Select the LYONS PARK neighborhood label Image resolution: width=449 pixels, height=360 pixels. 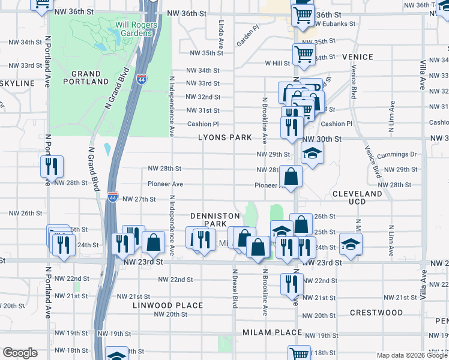pos(226,137)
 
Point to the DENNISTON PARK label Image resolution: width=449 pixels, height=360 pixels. pos(215,220)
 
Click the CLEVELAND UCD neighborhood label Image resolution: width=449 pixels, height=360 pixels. pos(357,199)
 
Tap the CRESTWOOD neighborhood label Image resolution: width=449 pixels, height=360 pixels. pos(376,313)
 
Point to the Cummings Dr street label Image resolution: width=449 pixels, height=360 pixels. pos(396,154)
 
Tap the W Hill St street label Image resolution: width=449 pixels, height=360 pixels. pos(277,63)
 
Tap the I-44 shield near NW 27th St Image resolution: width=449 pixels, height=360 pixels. pos(113,196)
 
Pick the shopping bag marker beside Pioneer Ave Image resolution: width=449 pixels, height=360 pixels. pos(291,177)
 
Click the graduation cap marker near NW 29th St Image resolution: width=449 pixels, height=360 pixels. pos(312,155)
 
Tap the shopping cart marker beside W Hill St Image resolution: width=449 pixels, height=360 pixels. pos(303,55)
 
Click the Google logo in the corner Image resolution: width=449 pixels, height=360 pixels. pos(20,353)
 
